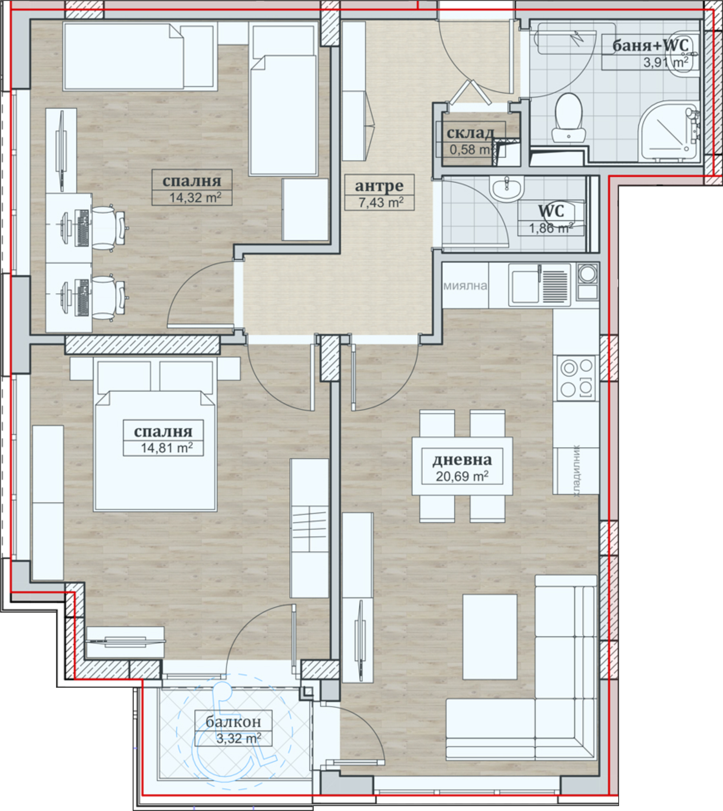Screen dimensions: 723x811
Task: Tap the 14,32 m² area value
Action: tap(195, 197)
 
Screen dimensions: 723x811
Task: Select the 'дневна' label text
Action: tap(462, 459)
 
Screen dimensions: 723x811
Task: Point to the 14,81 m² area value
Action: tap(167, 448)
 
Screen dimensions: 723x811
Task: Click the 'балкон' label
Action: tap(233, 721)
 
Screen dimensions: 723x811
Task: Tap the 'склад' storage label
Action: tap(470, 133)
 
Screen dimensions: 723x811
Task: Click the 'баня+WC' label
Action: tap(650, 45)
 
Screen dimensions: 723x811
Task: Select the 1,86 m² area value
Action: tap(551, 228)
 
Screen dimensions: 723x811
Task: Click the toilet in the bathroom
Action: tap(568, 118)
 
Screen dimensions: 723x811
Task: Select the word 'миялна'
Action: tap(465, 286)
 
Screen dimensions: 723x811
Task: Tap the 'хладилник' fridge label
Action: tap(576, 471)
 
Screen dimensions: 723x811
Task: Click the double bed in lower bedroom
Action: tap(155, 435)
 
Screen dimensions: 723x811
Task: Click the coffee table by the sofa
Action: tap(490, 637)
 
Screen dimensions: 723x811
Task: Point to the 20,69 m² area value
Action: tap(462, 476)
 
